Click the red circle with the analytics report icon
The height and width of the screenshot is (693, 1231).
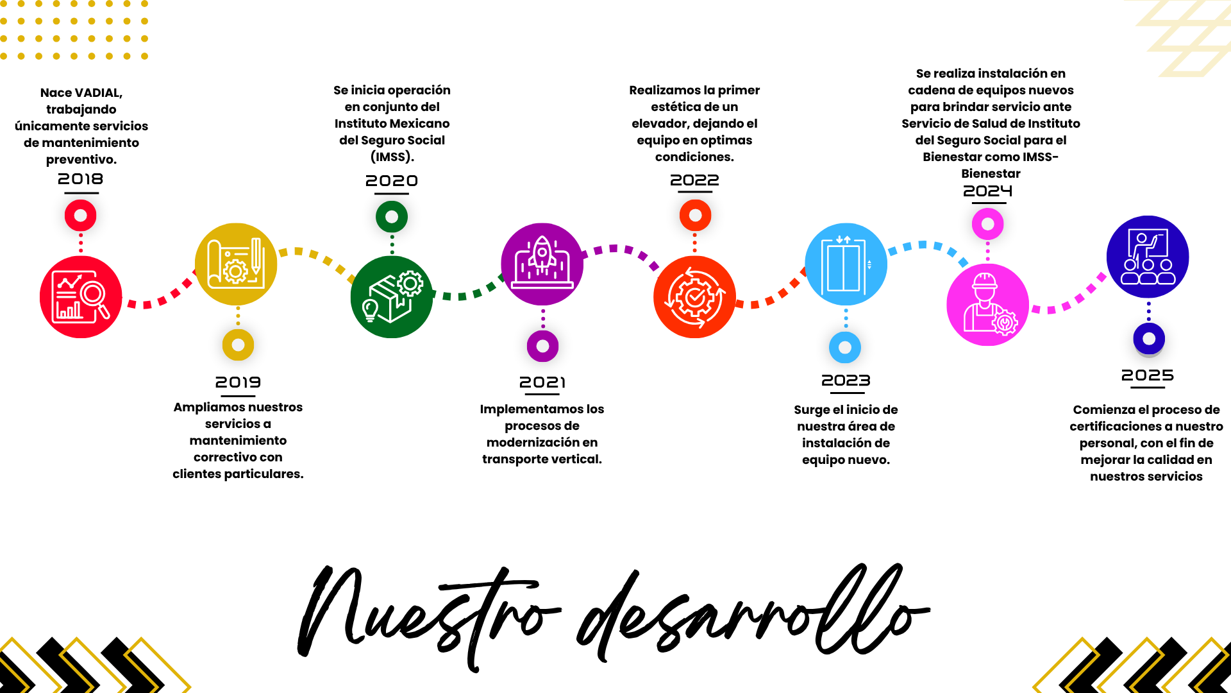point(81,296)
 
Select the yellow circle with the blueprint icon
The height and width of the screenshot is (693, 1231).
point(236,264)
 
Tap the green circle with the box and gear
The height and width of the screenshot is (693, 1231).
point(392,296)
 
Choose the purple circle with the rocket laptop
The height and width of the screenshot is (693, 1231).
point(542,264)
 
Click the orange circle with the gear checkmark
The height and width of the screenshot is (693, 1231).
point(694,296)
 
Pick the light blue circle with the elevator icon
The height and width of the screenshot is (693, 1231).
point(846,264)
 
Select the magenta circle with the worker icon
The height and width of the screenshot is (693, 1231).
point(987,305)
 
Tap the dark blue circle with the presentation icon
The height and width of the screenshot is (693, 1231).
point(1148,256)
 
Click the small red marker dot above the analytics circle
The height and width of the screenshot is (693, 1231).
point(81,216)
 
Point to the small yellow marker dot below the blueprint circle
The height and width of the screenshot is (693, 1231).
point(238,345)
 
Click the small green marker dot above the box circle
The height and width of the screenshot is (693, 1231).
point(392,217)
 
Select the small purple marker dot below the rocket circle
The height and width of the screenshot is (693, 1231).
point(542,346)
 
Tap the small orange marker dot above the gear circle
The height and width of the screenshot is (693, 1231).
point(695,216)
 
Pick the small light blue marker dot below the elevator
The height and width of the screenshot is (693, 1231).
point(845,348)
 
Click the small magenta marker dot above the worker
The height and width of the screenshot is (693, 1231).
point(987,224)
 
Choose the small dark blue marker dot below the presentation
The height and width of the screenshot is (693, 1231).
point(1149,339)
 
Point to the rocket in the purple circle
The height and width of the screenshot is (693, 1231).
point(542,252)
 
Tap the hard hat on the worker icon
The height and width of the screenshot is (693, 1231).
point(984,280)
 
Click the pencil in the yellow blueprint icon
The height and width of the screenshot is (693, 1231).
point(256,254)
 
